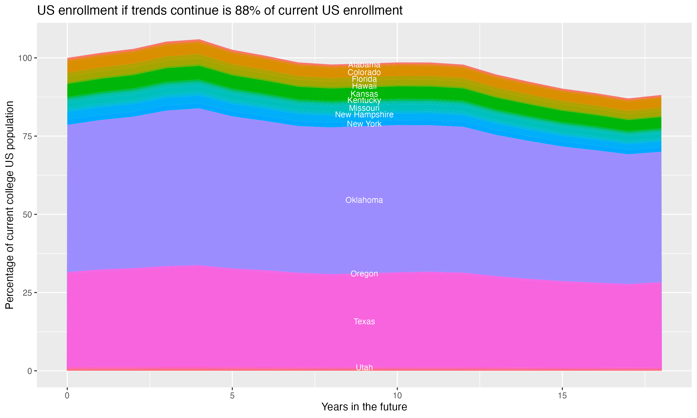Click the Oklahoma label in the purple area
pyautogui.click(x=364, y=200)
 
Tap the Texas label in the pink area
pyautogui.click(x=364, y=321)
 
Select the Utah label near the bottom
pyautogui.click(x=364, y=367)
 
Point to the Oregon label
pyautogui.click(x=364, y=274)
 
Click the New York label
pyautogui.click(x=364, y=124)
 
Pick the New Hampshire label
pyautogui.click(x=364, y=115)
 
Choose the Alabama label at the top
pyautogui.click(x=364, y=65)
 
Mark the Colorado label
pyautogui.click(x=364, y=72)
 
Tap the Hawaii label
pyautogui.click(x=364, y=86)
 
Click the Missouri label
pyautogui.click(x=364, y=108)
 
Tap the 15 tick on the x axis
pyautogui.click(x=562, y=395)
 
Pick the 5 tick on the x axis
pyautogui.click(x=232, y=395)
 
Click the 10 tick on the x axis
pyautogui.click(x=397, y=395)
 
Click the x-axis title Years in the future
pyautogui.click(x=364, y=407)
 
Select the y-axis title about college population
pyautogui.click(x=10, y=205)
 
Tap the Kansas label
pyautogui.click(x=364, y=94)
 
